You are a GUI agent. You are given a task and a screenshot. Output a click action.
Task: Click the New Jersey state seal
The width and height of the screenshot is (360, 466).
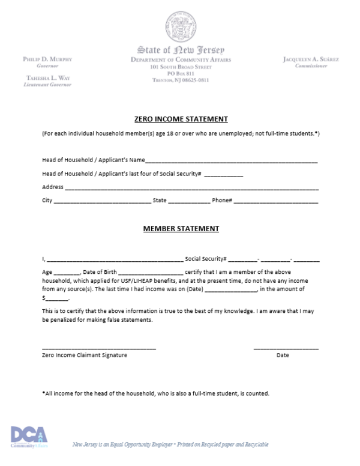click(x=181, y=26)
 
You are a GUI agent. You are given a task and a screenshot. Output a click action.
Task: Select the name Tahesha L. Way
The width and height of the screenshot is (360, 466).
click(x=49, y=78)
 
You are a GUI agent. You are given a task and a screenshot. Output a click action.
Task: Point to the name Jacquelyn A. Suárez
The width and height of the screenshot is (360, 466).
click(x=310, y=59)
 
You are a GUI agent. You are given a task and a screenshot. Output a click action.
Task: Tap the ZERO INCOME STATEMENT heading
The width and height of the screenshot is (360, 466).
click(x=181, y=119)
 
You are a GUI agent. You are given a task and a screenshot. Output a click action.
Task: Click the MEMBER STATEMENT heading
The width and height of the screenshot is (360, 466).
click(x=181, y=229)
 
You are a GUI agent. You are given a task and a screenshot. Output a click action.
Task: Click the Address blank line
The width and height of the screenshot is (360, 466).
click(x=191, y=189)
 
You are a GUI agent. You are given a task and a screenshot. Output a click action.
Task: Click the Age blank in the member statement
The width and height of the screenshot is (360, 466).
click(x=67, y=273)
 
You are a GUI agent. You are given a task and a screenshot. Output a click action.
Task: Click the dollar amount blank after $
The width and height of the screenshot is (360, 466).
click(x=58, y=299)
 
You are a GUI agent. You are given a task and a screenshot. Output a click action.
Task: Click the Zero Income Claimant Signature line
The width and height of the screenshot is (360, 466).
click(x=99, y=348)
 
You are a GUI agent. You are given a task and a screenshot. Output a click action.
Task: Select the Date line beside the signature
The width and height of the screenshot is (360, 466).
click(x=286, y=348)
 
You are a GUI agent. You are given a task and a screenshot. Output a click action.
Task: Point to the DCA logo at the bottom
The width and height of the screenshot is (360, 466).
click(x=28, y=437)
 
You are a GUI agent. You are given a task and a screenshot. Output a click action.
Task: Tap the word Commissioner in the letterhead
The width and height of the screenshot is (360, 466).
click(x=310, y=66)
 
